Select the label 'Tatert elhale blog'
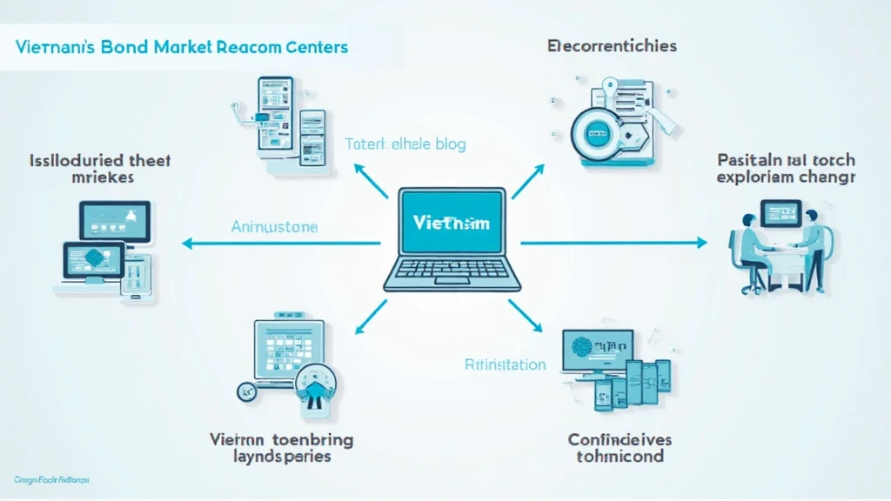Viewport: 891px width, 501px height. (405, 144)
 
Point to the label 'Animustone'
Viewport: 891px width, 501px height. (275, 227)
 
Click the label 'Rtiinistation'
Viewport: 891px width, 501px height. (505, 364)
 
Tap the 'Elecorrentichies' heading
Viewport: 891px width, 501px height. (613, 45)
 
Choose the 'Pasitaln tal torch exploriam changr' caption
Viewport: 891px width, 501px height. (787, 169)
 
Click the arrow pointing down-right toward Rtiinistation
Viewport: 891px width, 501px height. (526, 315)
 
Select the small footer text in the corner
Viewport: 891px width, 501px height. (52, 479)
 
